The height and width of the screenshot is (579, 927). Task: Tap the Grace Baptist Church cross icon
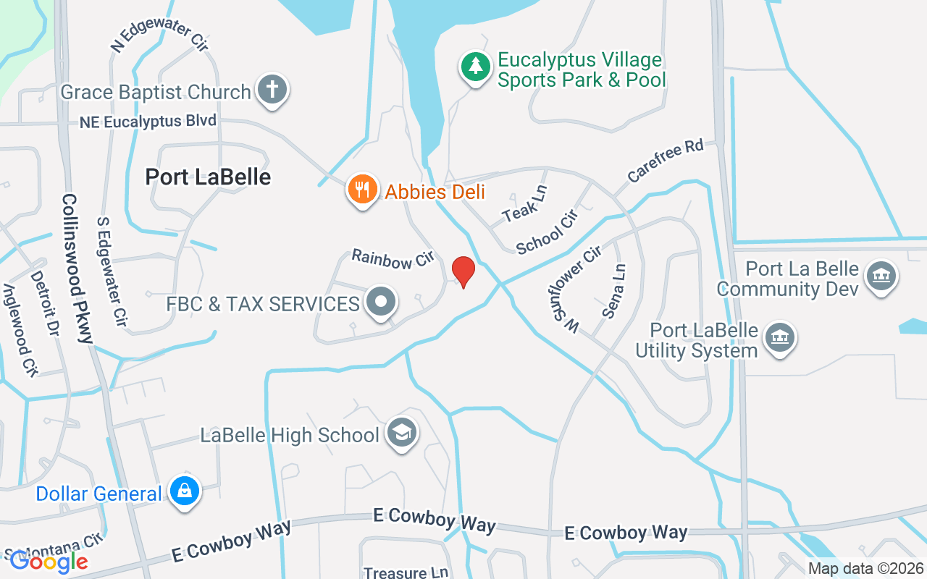[x=272, y=90]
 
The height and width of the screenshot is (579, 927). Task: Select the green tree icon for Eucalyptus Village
[x=475, y=67]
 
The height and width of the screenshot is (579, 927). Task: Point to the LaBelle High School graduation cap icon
[x=401, y=433]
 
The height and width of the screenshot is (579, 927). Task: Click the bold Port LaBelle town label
[x=208, y=177]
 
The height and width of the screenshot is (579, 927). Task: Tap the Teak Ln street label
[x=525, y=203]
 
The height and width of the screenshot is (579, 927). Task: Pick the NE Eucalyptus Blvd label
[x=148, y=122]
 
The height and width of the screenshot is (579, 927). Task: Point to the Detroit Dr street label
[x=43, y=303]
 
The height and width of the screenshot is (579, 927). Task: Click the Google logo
[x=49, y=560]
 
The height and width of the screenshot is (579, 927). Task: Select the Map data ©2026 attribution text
[x=866, y=569]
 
